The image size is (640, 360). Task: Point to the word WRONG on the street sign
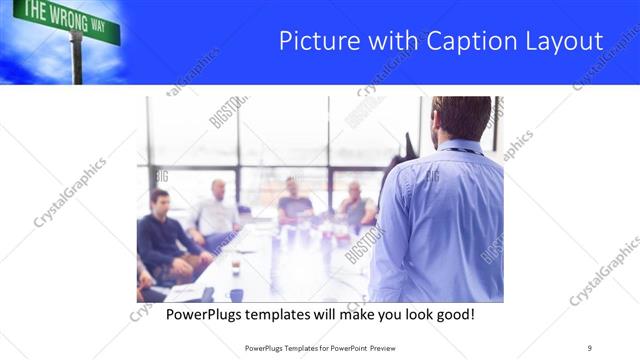pos(66,17)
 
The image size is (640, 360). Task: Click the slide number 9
pos(589,347)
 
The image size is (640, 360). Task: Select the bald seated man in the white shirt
pos(215,210)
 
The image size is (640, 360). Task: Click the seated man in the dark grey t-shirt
pos(294,201)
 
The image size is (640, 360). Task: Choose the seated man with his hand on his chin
pos(355,205)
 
